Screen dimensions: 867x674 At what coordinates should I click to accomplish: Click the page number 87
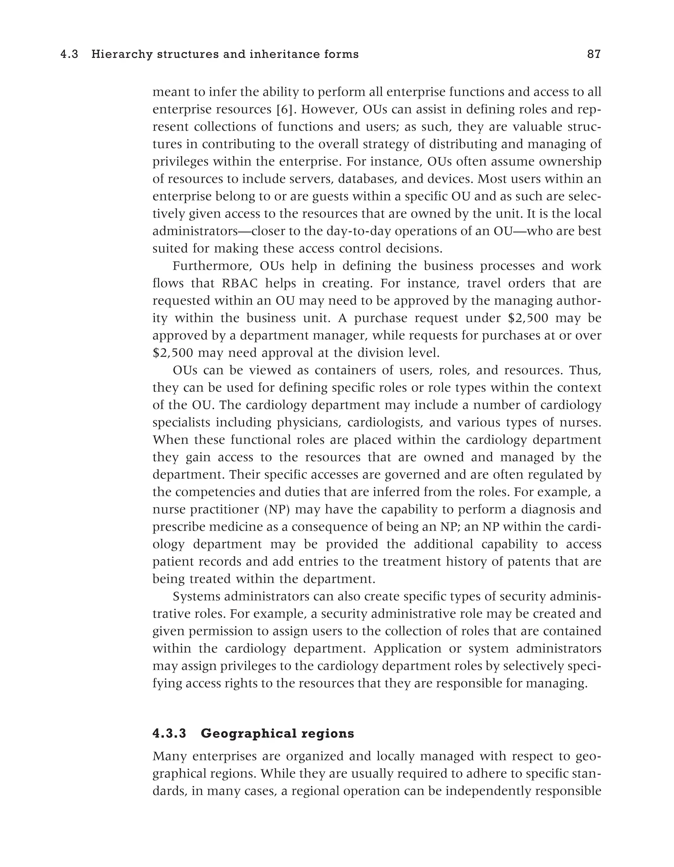coord(594,54)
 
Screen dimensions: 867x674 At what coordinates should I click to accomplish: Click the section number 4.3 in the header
coord(69,54)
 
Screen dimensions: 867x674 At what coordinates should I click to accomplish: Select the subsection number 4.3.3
coord(169,734)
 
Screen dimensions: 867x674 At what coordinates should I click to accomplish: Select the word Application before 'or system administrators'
coord(407,649)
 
